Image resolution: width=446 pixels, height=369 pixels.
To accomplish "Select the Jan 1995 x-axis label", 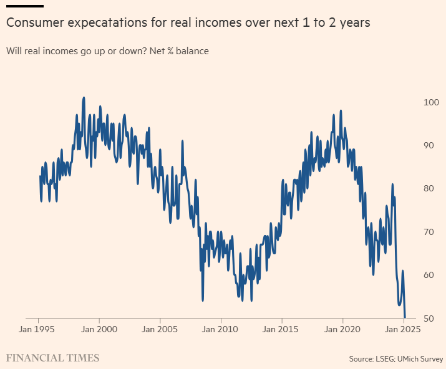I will [x=39, y=330].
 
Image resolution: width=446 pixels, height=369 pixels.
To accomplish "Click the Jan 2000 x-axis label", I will [x=100, y=330].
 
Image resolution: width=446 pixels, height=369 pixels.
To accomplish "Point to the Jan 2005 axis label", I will [x=160, y=330].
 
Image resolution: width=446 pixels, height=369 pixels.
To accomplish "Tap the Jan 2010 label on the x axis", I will [x=221, y=330].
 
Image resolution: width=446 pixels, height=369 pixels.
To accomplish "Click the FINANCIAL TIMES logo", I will [x=53, y=358].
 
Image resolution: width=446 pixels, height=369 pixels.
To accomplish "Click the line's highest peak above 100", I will [x=84, y=98].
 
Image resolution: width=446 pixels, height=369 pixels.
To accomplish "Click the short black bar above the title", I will [x=25, y=6].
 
